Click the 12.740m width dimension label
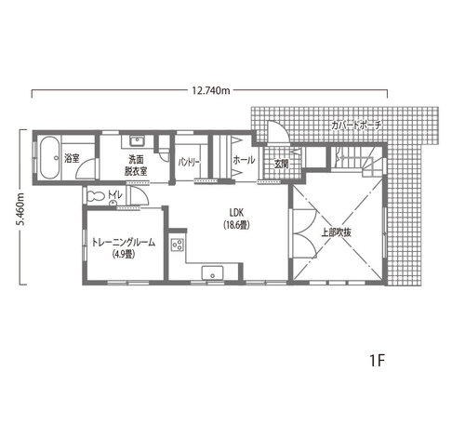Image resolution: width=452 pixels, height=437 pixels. point(211,90)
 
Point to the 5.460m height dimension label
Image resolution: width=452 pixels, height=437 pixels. point(20,209)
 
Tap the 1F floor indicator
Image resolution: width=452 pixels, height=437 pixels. point(378,361)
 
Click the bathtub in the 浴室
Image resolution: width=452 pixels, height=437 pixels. point(49,158)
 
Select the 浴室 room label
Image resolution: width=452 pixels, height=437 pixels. point(72,158)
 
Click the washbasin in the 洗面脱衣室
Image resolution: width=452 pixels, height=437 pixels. point(136,141)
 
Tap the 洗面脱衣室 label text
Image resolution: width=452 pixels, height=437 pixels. point(136,166)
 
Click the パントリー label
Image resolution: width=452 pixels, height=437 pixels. point(190,163)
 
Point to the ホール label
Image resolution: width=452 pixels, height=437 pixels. point(244,160)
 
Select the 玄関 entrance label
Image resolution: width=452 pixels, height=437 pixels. point(281,165)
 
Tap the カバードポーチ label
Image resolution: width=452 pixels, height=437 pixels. point(356,126)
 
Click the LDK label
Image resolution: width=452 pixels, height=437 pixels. point(236,212)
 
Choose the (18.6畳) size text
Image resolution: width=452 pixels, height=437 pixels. point(236,225)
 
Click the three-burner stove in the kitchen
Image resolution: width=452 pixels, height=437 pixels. point(178,245)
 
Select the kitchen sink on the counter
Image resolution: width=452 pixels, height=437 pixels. point(212,272)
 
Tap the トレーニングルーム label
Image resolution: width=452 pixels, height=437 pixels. point(124,243)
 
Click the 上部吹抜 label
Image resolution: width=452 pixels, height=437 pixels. point(336,232)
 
